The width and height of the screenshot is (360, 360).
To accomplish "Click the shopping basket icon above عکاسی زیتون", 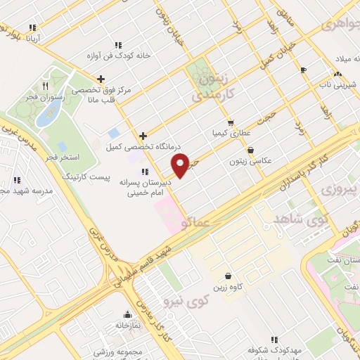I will coord(251,150).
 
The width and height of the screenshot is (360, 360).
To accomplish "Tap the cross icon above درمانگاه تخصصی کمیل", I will coord(143,136).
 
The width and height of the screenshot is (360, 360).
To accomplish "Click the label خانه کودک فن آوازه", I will coord(106,55).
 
